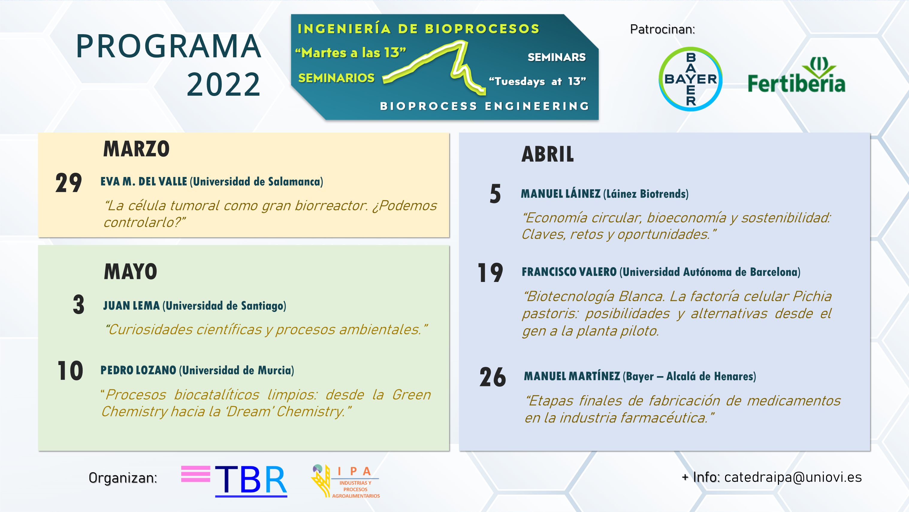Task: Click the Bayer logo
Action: pyautogui.click(x=691, y=79)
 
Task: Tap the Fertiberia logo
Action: pyautogui.click(x=796, y=75)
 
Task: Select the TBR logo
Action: pyautogui.click(x=234, y=481)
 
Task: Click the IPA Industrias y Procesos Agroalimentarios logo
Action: pyautogui.click(x=345, y=481)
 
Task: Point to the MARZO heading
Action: pyautogui.click(x=136, y=149)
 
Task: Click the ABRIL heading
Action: pyautogui.click(x=548, y=154)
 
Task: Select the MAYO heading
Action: pyautogui.click(x=130, y=271)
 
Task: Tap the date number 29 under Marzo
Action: pyautogui.click(x=68, y=183)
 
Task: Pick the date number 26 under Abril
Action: pyautogui.click(x=493, y=377)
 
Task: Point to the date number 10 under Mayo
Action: pyautogui.click(x=70, y=371)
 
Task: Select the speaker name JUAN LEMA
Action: pyautogui.click(x=131, y=306)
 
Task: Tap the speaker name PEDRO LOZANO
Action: pyautogui.click(x=138, y=370)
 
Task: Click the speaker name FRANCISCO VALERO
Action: pyautogui.click(x=569, y=272)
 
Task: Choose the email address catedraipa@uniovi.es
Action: pyautogui.click(x=793, y=478)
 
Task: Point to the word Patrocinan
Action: pyautogui.click(x=662, y=29)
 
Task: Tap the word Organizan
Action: pyautogui.click(x=123, y=478)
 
